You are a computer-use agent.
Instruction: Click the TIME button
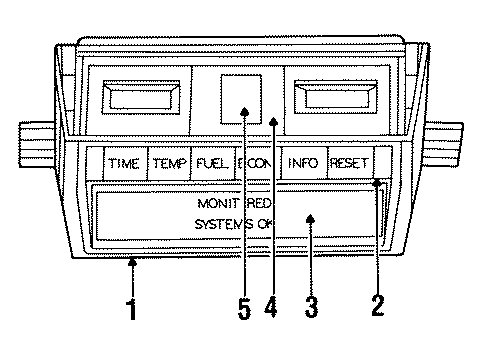125,163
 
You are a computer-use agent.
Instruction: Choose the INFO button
304,163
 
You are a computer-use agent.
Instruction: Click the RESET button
349,163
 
